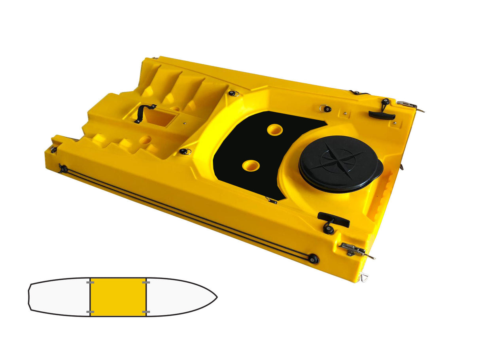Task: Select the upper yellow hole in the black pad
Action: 274,130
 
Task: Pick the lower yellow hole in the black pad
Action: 251,166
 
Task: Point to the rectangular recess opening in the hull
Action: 160,117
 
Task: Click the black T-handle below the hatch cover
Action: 333,219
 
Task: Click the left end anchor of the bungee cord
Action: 62,169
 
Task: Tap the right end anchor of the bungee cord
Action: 314,259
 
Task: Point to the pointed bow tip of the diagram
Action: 217,296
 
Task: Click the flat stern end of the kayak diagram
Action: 29,297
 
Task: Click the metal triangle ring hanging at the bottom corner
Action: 363,278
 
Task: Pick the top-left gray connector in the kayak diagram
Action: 90,283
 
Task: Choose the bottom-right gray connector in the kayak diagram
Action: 146,312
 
